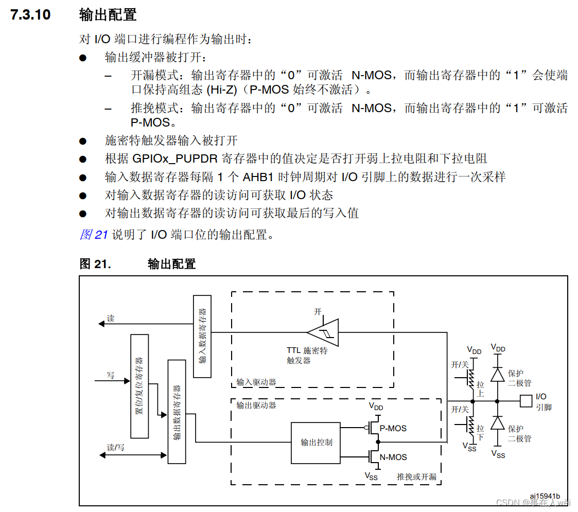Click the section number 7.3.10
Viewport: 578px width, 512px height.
point(31,14)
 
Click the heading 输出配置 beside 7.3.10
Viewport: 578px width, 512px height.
point(108,14)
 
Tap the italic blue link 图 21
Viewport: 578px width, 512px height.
point(94,235)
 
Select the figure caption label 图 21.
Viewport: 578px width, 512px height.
point(95,264)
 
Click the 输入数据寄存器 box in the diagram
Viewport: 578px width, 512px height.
point(202,336)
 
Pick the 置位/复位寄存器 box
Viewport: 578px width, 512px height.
point(139,386)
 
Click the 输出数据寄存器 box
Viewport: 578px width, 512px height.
point(177,412)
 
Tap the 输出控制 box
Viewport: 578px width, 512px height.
point(316,442)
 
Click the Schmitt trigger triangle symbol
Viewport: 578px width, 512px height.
point(325,332)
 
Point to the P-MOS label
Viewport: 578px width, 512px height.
point(393,428)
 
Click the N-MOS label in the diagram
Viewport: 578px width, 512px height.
point(393,457)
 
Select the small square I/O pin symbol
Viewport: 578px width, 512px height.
point(526,400)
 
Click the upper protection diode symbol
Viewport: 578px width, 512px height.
point(497,374)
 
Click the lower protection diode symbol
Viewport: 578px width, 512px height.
point(497,423)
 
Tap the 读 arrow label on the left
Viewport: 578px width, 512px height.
point(111,319)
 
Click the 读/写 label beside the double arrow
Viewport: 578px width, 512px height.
point(115,447)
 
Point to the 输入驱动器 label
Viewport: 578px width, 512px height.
point(256,382)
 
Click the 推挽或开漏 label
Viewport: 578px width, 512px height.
point(416,476)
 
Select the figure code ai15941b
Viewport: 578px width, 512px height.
point(545,496)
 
